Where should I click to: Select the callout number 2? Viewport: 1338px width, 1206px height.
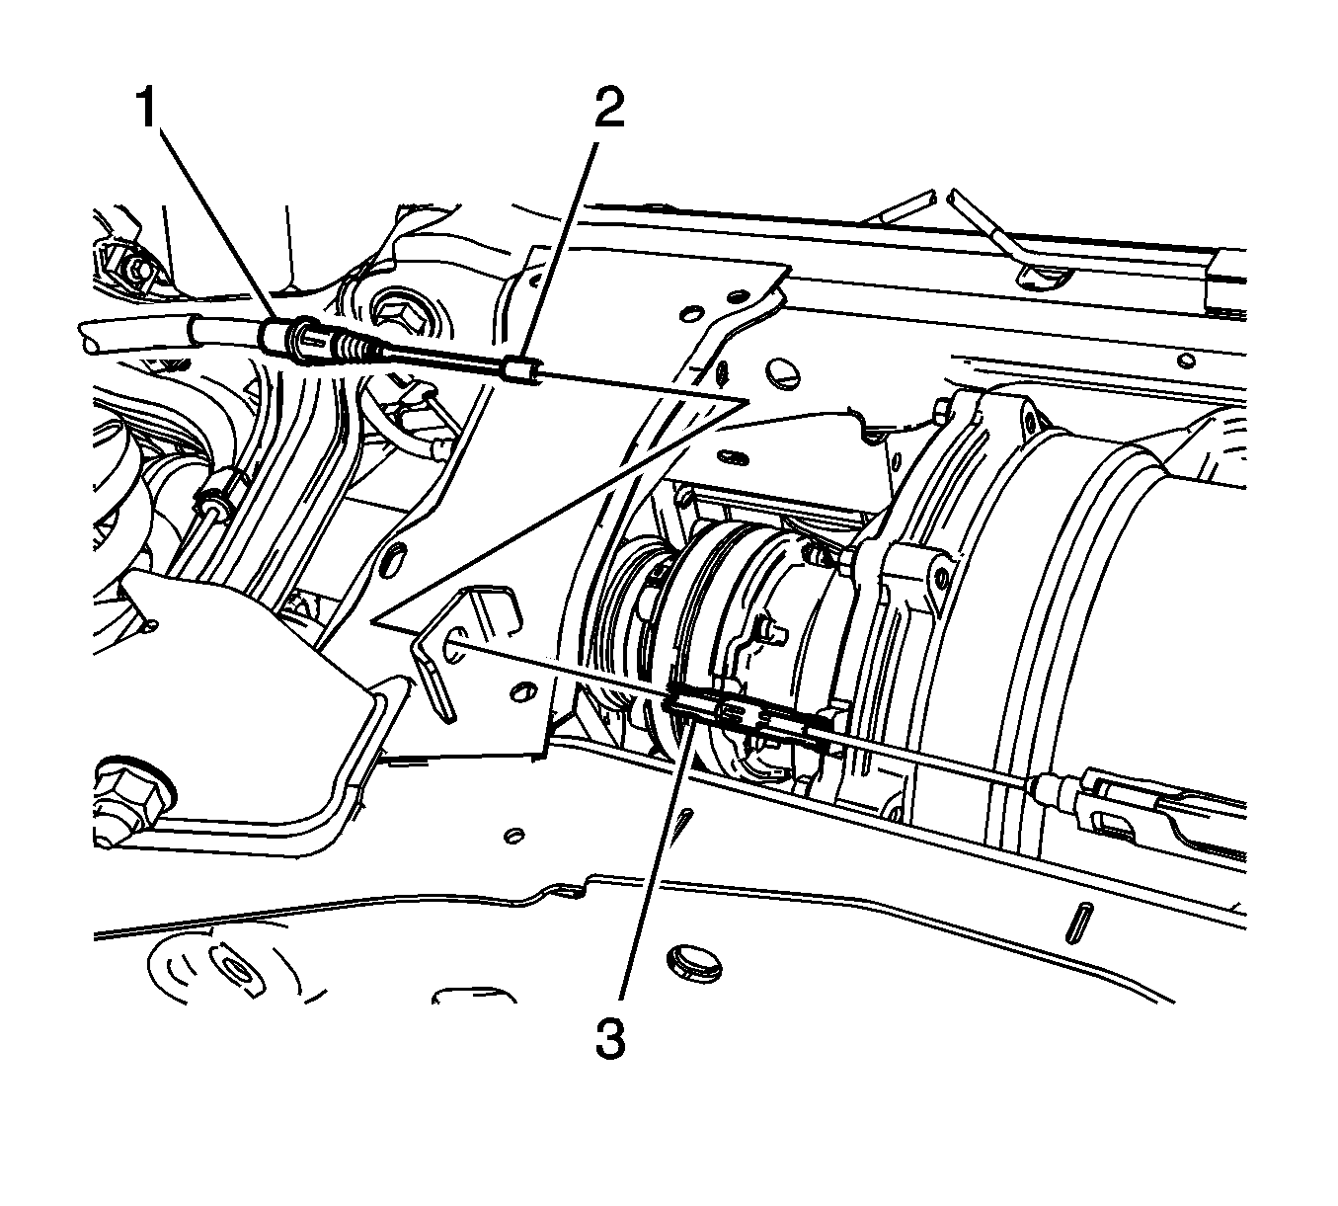609,108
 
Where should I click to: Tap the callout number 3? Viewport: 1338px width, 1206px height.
611,1039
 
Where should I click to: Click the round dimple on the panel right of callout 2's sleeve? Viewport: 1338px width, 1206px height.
778,372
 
